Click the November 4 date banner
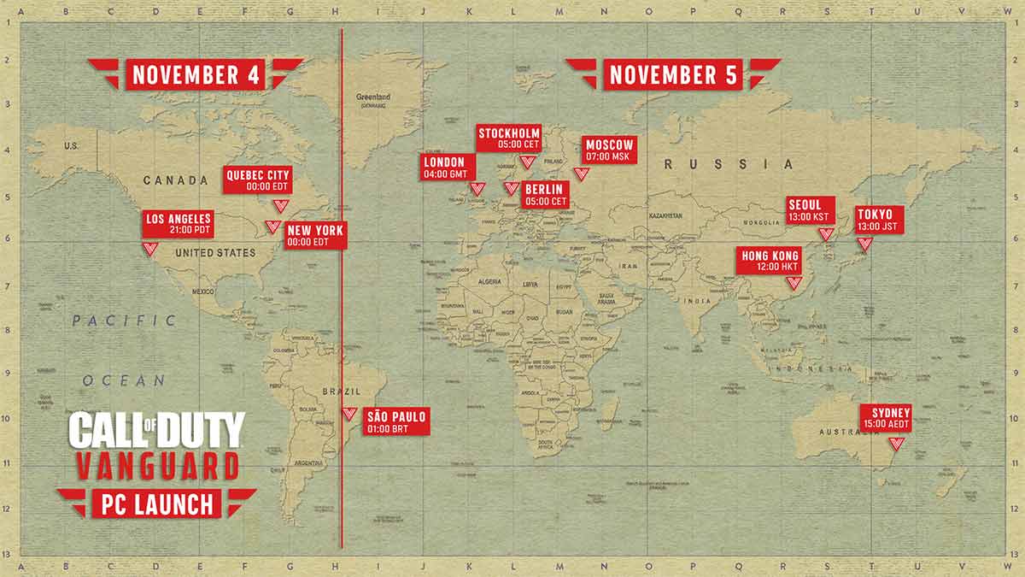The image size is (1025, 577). pos(196,74)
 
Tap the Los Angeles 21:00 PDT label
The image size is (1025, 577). pos(179,225)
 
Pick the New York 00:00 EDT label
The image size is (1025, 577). pos(315,236)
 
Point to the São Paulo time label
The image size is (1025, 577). pos(395,421)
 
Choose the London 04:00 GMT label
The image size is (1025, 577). pos(445,168)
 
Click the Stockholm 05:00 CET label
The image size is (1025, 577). pos(509,138)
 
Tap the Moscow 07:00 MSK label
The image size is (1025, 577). pos(610,150)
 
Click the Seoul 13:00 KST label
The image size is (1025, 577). pos(811,210)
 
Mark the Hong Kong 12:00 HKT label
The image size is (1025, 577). pos(769,262)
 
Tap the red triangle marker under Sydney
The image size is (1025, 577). pos(896,444)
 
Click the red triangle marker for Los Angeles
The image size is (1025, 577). pos(149,249)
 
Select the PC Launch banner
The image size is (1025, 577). pos(153,503)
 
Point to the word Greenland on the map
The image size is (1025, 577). pos(372,97)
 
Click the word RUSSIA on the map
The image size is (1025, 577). pos(729,164)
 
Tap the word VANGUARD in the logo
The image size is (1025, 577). pos(156,468)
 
